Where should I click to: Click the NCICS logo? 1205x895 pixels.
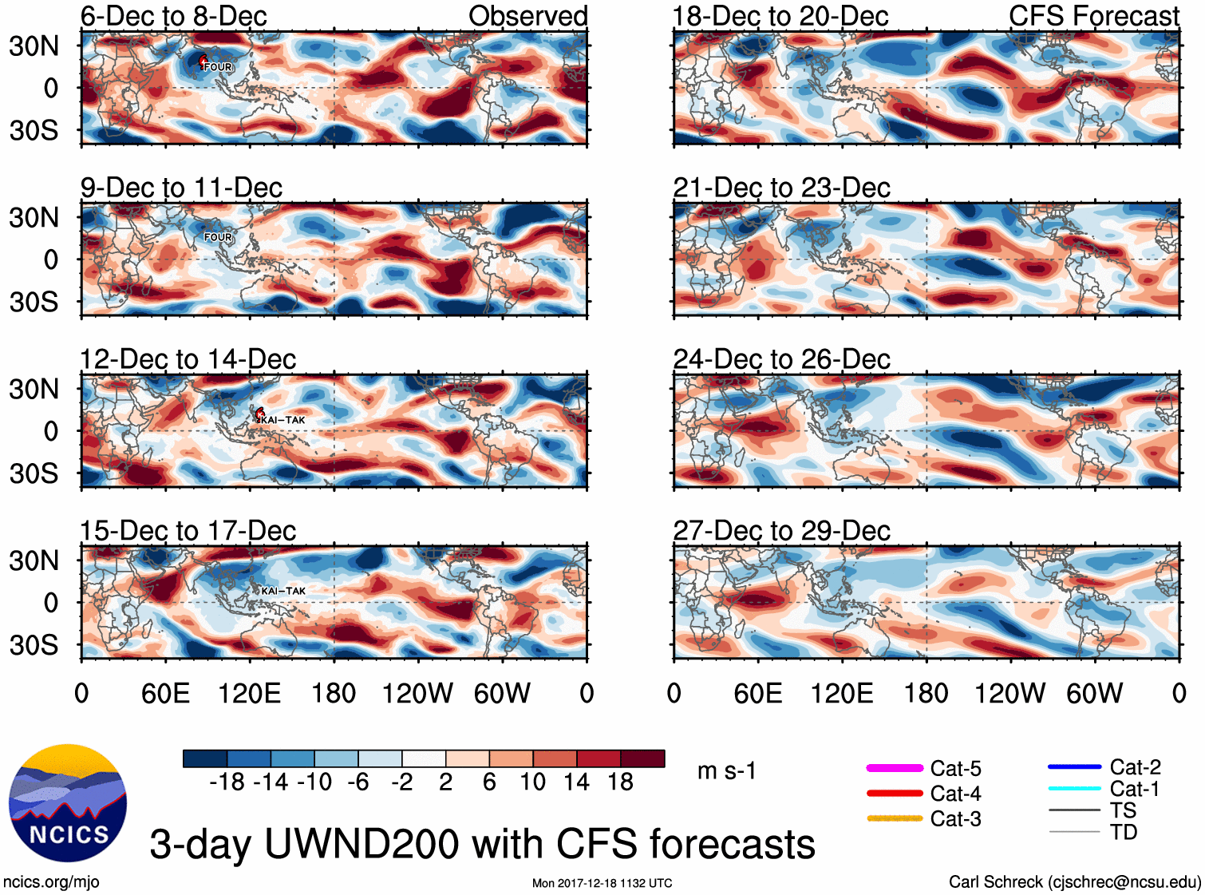click(x=67, y=802)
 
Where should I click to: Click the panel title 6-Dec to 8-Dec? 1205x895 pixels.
click(x=173, y=16)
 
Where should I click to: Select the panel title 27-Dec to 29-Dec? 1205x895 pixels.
click(x=781, y=531)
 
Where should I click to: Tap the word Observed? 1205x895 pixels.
click(x=527, y=16)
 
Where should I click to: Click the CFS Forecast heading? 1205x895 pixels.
click(x=1093, y=16)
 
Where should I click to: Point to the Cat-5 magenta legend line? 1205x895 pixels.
click(x=895, y=768)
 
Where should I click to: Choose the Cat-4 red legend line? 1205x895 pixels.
click(x=895, y=794)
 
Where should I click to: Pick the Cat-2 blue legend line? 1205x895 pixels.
click(x=1074, y=767)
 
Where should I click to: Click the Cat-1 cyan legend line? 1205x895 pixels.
click(x=1074, y=789)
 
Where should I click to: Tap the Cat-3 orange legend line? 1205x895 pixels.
click(x=895, y=818)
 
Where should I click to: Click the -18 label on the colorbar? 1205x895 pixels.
click(x=227, y=782)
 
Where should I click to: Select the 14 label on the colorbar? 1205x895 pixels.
click(x=576, y=782)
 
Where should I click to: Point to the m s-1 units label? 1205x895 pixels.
click(x=726, y=771)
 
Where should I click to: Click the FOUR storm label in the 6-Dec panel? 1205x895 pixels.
click(x=218, y=67)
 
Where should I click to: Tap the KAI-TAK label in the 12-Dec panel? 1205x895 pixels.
click(x=283, y=420)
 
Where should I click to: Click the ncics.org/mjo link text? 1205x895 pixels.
click(x=51, y=882)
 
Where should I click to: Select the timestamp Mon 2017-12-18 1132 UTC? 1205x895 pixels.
click(x=602, y=883)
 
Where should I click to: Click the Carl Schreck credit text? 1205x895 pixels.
click(x=1074, y=882)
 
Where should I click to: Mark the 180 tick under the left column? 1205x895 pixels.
click(x=334, y=693)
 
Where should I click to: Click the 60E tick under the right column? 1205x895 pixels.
click(x=757, y=693)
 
